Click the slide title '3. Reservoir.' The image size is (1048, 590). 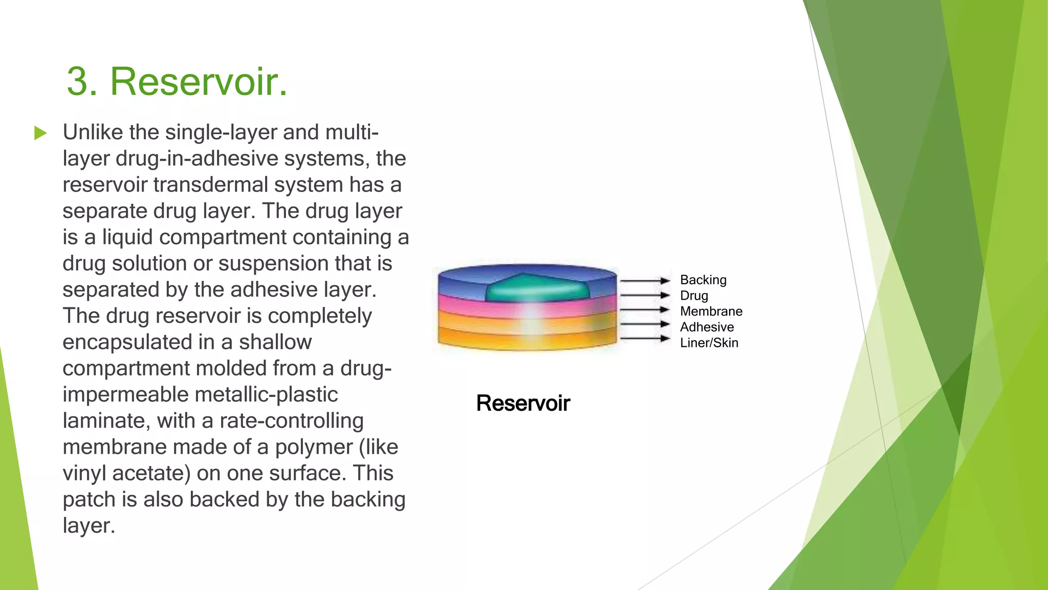tap(177, 81)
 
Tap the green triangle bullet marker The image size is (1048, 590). tap(40, 134)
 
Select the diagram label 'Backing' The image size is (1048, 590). tap(703, 280)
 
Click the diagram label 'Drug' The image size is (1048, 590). tap(694, 296)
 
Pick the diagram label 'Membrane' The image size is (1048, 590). tap(711, 311)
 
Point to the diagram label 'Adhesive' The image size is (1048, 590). tap(707, 327)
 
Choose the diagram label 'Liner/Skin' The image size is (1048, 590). tap(709, 343)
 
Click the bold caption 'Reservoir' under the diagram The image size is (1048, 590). tap(522, 404)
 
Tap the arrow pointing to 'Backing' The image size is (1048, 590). tap(645, 281)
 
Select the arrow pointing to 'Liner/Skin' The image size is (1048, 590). tap(645, 339)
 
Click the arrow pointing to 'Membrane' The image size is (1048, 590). tap(645, 310)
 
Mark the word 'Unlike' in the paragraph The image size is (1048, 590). tap(92, 133)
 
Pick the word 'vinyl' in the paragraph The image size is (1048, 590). tap(84, 473)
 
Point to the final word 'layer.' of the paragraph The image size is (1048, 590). tap(89, 526)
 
